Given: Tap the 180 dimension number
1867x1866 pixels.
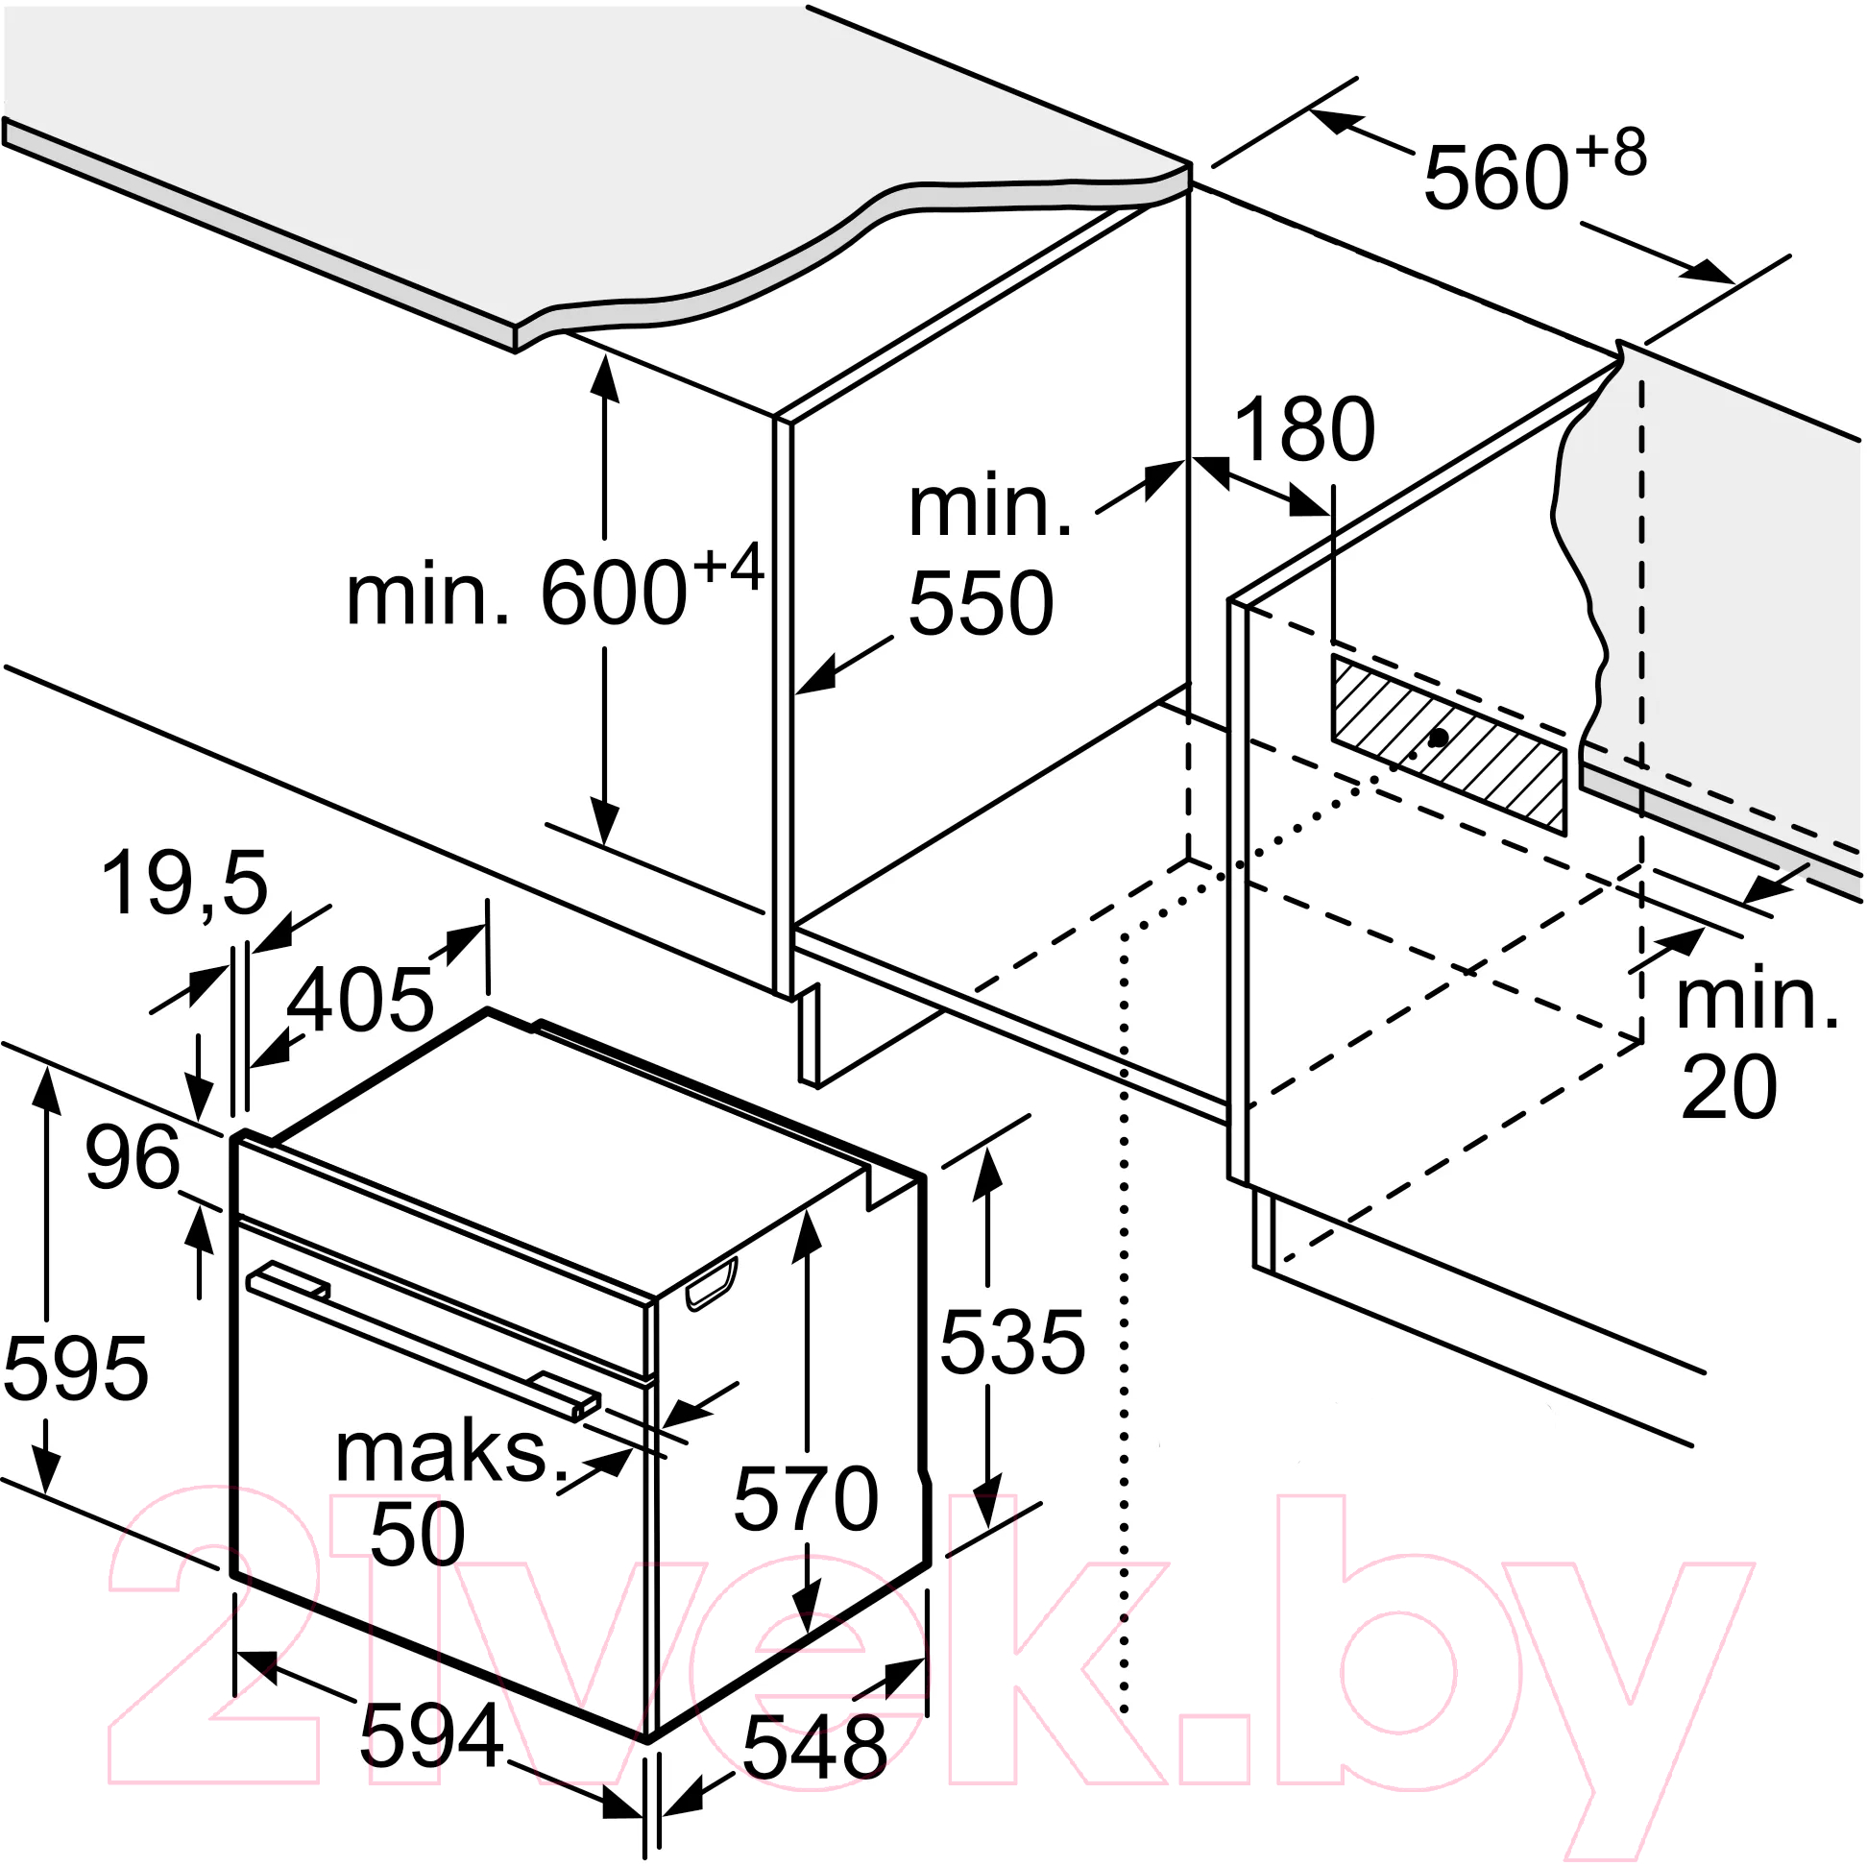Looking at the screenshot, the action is point(1304,430).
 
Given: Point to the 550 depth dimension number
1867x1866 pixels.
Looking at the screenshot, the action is point(981,602).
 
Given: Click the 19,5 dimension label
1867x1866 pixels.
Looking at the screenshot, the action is point(183,884).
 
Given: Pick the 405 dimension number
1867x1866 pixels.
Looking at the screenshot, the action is point(360,999).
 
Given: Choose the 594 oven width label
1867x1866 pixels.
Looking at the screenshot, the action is point(431,1735).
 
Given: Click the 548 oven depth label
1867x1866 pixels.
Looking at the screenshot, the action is point(813,1747).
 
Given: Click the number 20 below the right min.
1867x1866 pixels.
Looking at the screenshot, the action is point(1729,1087).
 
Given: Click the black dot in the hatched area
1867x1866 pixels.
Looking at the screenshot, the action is point(1438,738).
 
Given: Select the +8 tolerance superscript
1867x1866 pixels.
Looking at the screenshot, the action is point(1610,153).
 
